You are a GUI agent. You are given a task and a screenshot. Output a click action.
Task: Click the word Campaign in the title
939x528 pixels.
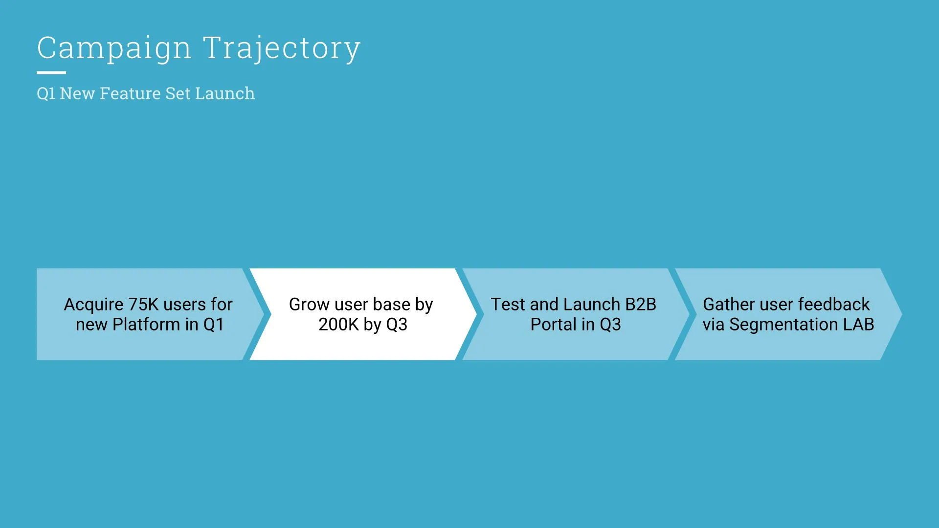114,48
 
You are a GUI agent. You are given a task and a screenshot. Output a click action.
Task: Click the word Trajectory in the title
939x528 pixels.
282,48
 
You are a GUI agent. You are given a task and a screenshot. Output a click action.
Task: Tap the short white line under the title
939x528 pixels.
51,73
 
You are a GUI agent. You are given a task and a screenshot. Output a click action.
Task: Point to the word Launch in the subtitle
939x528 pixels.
224,93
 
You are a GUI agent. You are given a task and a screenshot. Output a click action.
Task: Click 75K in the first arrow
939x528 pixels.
143,304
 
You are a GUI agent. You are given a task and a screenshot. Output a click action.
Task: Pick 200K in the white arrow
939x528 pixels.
338,325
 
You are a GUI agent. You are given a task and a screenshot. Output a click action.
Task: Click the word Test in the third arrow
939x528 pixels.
508,304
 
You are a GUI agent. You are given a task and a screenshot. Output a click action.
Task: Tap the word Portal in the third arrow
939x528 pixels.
553,325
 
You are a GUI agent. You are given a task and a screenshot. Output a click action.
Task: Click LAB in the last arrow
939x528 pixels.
858,325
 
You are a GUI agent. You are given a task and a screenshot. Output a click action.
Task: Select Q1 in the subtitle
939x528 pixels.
46,93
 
